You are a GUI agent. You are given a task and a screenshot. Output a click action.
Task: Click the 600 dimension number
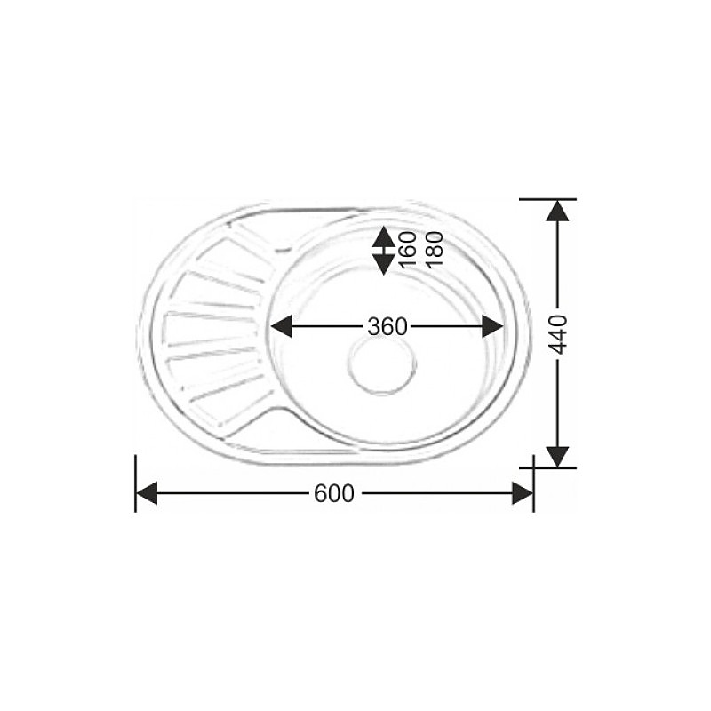(333, 494)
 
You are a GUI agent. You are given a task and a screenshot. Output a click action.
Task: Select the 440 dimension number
(557, 333)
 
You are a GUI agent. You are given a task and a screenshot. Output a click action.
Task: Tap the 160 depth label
(408, 250)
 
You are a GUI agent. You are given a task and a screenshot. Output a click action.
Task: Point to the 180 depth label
(434, 250)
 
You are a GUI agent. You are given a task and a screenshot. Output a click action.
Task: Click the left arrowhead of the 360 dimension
(281, 326)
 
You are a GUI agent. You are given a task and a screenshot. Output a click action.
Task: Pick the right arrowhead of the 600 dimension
(522, 494)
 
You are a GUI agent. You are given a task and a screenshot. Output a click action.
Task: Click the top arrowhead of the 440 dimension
(557, 211)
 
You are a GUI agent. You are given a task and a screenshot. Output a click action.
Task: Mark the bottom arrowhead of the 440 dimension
(557, 456)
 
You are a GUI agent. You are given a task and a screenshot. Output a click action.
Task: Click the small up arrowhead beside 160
(383, 236)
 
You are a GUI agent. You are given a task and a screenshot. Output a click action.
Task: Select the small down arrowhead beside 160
(383, 264)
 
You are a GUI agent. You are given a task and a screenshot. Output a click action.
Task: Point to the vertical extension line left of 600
(135, 484)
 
